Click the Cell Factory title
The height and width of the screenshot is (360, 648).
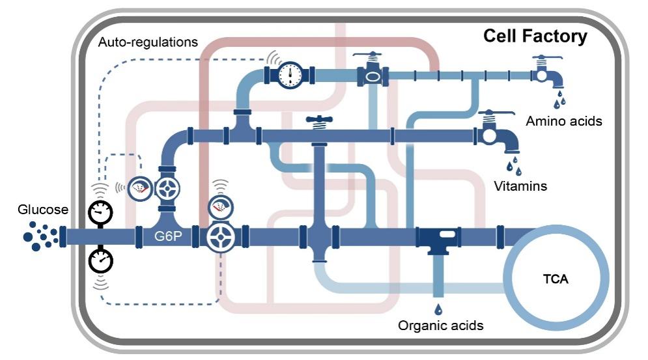point(535,36)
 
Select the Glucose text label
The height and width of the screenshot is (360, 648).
point(43,210)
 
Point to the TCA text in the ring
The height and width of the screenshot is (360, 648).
point(556,280)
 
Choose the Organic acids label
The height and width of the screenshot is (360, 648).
point(441,325)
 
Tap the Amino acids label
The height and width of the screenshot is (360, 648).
point(564,121)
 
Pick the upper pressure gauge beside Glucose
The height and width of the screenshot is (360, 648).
point(100,210)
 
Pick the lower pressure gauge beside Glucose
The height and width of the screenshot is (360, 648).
point(100,260)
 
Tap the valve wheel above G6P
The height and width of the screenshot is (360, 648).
point(169,189)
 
